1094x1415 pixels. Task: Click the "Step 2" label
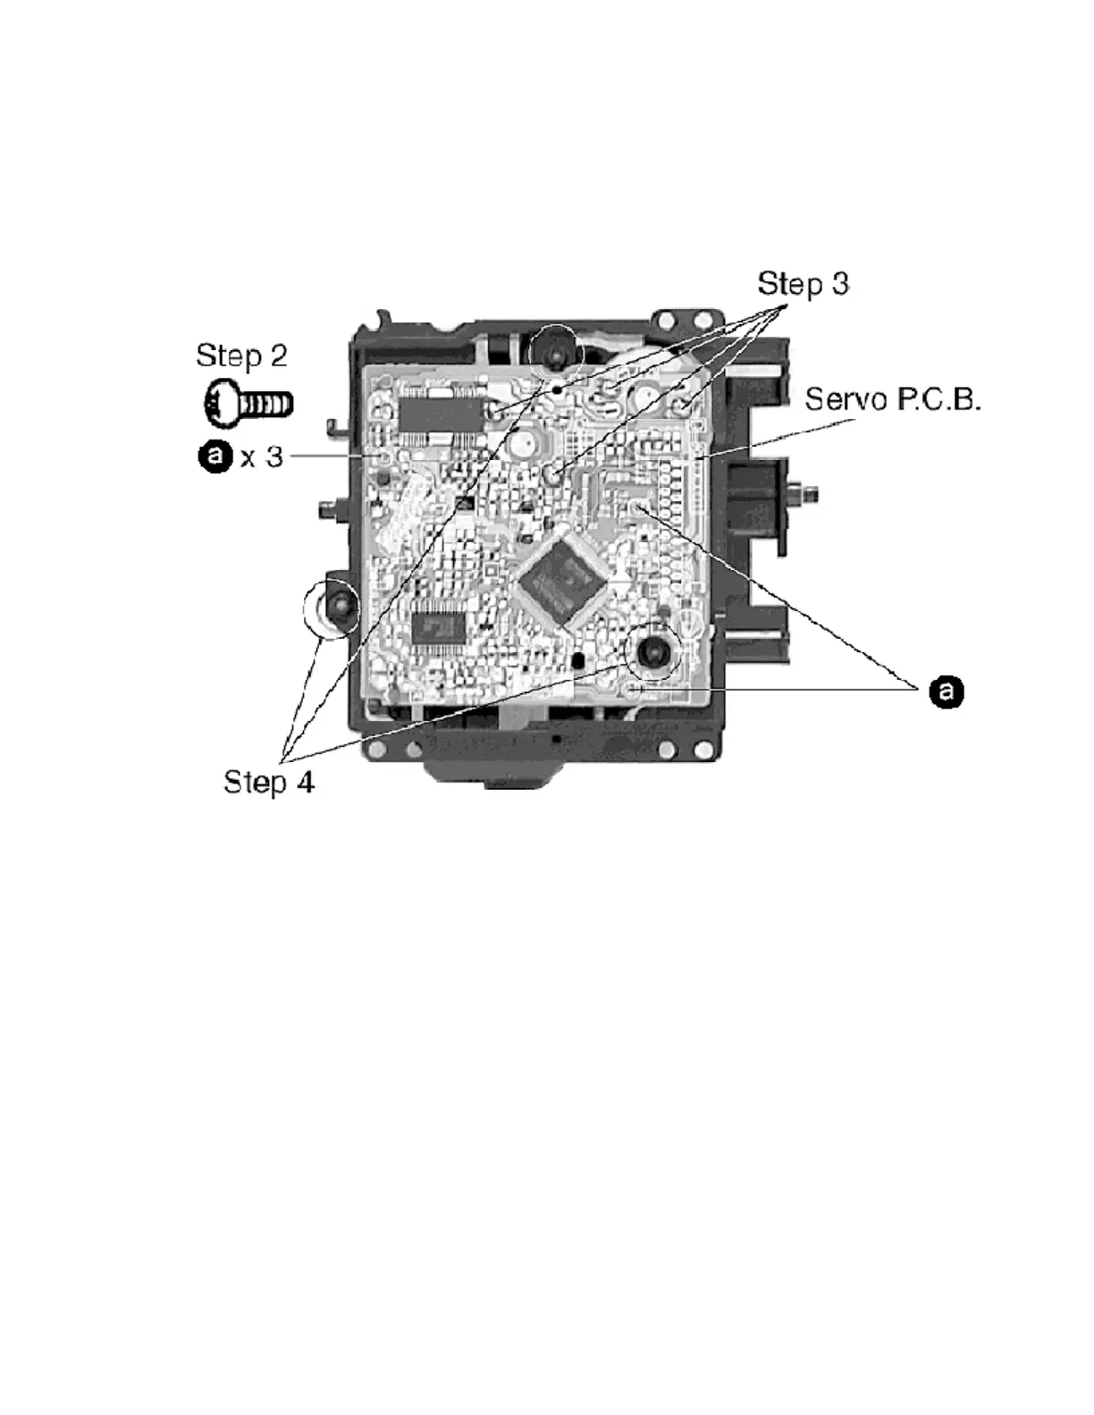coord(241,356)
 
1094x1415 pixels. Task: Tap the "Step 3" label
coord(803,284)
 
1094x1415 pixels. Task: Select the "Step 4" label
coord(268,783)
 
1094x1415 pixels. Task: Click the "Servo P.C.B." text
coord(892,399)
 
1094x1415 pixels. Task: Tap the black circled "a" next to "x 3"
coord(215,457)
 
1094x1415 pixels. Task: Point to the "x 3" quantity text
coord(261,457)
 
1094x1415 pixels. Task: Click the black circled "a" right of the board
coord(946,691)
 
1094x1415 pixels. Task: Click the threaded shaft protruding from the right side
coord(806,492)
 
